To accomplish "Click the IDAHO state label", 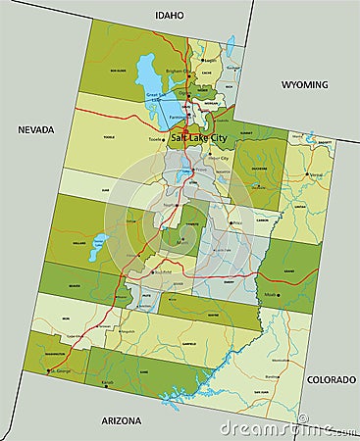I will (169, 15).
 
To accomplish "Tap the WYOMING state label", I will (304, 85).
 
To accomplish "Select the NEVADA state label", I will (35, 128).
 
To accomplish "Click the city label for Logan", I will (210, 59).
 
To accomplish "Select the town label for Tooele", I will (154, 139).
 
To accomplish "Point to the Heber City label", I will (218, 157).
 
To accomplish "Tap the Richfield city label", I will (166, 271).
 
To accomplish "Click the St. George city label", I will (60, 371).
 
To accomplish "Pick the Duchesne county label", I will (261, 168).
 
